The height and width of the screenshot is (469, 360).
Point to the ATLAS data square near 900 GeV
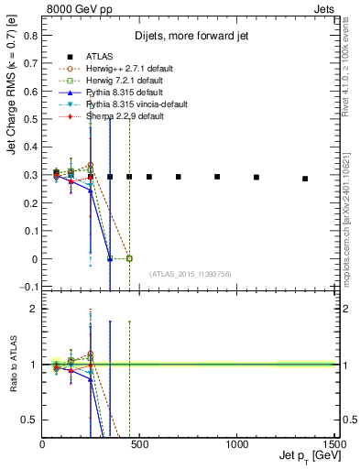[217, 177]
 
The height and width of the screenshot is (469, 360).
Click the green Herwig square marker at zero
[129, 259]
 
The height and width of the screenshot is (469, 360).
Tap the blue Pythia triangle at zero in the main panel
[110, 259]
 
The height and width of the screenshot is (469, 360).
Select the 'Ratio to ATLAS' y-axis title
[11, 365]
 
